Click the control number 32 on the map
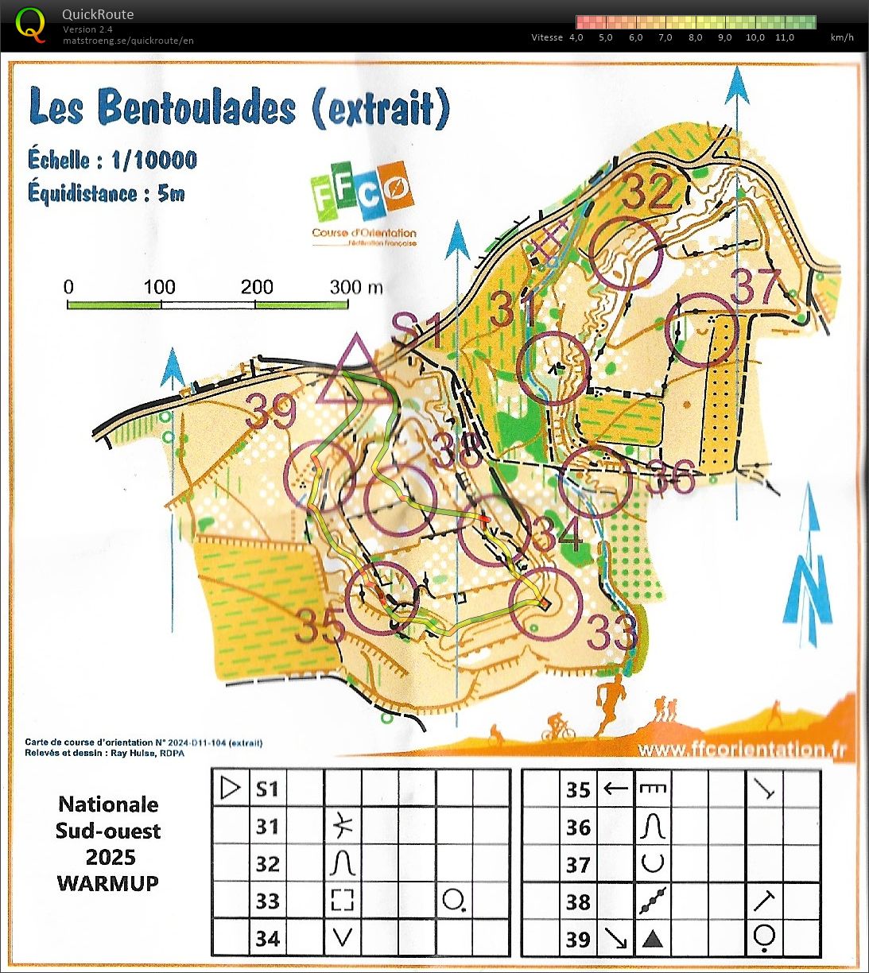(647, 191)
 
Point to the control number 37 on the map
(756, 288)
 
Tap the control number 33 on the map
(612, 633)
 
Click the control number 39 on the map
(270, 412)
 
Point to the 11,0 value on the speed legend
(784, 37)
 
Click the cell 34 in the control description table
(268, 938)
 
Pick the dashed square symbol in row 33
(342, 901)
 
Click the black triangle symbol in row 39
(652, 939)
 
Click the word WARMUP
(108, 882)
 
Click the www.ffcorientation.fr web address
(741, 749)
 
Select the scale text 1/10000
(153, 160)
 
